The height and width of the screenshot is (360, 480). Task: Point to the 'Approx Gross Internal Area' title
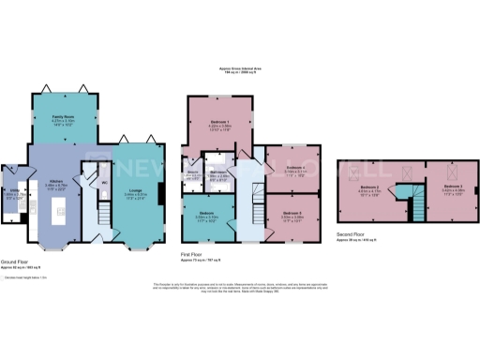239,68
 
